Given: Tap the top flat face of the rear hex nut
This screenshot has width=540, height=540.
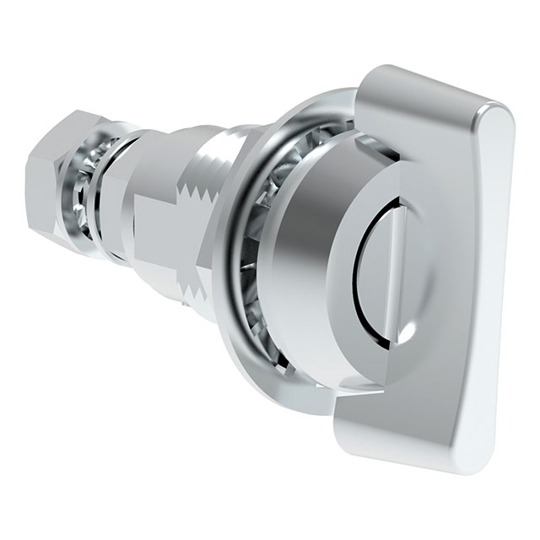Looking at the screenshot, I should point(72,135).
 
